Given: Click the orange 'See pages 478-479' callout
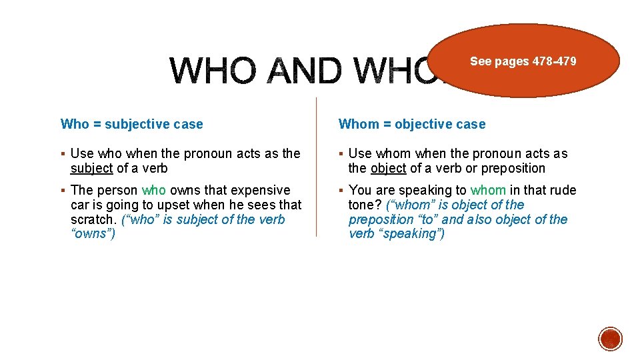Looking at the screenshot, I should (x=523, y=61).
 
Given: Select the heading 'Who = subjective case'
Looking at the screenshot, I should (x=132, y=124).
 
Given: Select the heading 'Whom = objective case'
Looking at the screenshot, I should (x=412, y=124).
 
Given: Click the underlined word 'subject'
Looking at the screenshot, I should (x=92, y=169).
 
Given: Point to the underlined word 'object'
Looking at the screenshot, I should (x=388, y=169).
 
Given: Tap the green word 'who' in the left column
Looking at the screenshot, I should (x=154, y=191).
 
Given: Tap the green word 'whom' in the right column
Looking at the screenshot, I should (x=488, y=191).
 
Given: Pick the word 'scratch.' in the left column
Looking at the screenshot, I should (x=94, y=220).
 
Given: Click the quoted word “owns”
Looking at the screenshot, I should (x=93, y=235).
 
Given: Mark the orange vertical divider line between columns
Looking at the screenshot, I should (x=316, y=167).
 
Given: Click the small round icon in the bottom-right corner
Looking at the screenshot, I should (x=610, y=339).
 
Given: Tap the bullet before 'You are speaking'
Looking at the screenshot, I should (x=341, y=191).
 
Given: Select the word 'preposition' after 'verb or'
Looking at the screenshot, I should (x=513, y=169).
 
